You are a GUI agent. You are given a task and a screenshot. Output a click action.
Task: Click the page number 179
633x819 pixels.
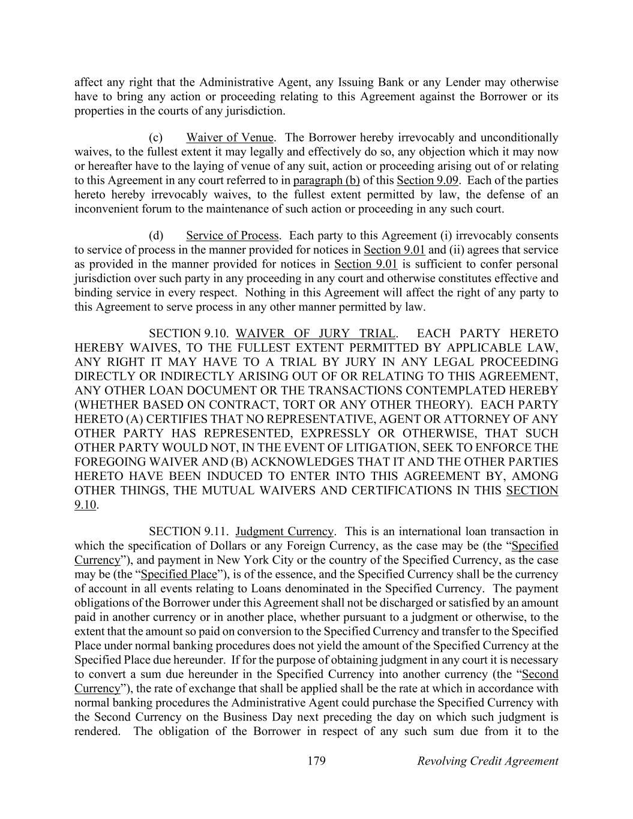316,761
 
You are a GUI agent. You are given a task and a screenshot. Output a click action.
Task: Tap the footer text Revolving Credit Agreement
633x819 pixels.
487,761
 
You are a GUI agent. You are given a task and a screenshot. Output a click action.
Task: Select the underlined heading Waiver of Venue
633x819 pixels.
229,137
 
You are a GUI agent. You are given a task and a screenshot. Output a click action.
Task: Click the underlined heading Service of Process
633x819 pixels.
232,235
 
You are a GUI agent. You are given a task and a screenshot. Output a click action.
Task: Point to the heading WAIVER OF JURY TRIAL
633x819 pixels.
316,334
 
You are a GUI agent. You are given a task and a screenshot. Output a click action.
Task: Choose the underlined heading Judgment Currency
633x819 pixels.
284,531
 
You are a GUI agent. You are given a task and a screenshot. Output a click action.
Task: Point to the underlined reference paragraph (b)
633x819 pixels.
326,181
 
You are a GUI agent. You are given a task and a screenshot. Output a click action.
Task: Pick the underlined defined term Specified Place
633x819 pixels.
178,574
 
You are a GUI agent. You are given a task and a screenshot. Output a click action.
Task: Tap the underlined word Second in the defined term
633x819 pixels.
540,674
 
